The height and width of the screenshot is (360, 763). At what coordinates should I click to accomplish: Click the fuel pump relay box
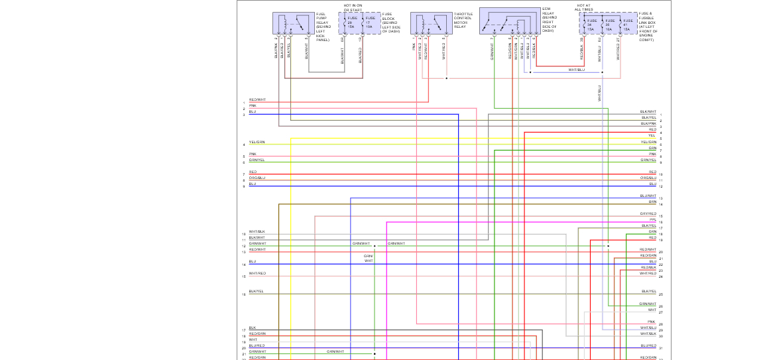point(293,23)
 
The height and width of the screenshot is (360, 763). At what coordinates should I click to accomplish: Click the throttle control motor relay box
point(431,23)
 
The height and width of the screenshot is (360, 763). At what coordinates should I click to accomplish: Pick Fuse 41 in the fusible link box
point(626,25)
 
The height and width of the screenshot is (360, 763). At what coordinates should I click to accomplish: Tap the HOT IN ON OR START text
point(353,7)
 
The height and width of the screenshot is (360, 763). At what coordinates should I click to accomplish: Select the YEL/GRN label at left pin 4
point(257,142)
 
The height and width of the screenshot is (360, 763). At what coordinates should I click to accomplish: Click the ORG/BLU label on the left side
point(257,178)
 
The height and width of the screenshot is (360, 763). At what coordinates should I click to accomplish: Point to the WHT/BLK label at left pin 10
point(257,231)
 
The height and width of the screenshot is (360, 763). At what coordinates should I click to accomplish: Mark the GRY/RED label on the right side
point(648,213)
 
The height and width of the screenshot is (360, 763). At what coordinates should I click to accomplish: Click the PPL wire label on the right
point(652,219)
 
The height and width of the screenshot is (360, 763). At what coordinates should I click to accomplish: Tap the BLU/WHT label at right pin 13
point(648,196)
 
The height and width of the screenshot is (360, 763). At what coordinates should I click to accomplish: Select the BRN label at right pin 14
point(652,202)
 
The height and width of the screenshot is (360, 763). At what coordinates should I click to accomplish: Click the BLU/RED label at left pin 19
point(257,345)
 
